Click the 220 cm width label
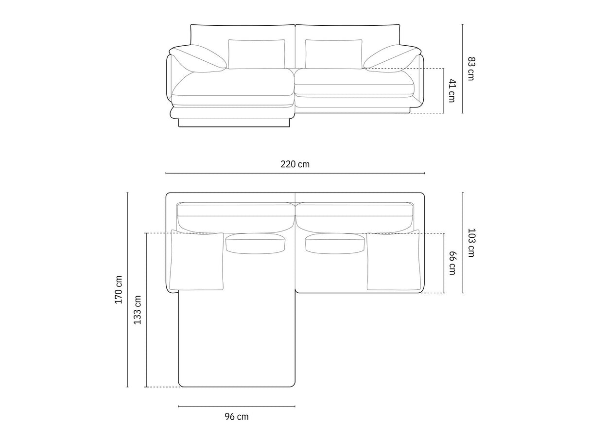click(x=295, y=164)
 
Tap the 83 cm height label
click(x=471, y=69)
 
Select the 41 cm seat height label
click(x=452, y=90)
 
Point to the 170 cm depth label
click(x=119, y=289)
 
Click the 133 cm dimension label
click(x=138, y=310)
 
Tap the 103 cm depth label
click(x=471, y=243)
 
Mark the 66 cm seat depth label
click(x=452, y=263)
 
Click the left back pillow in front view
click(x=257, y=54)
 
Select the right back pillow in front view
click(x=333, y=54)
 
